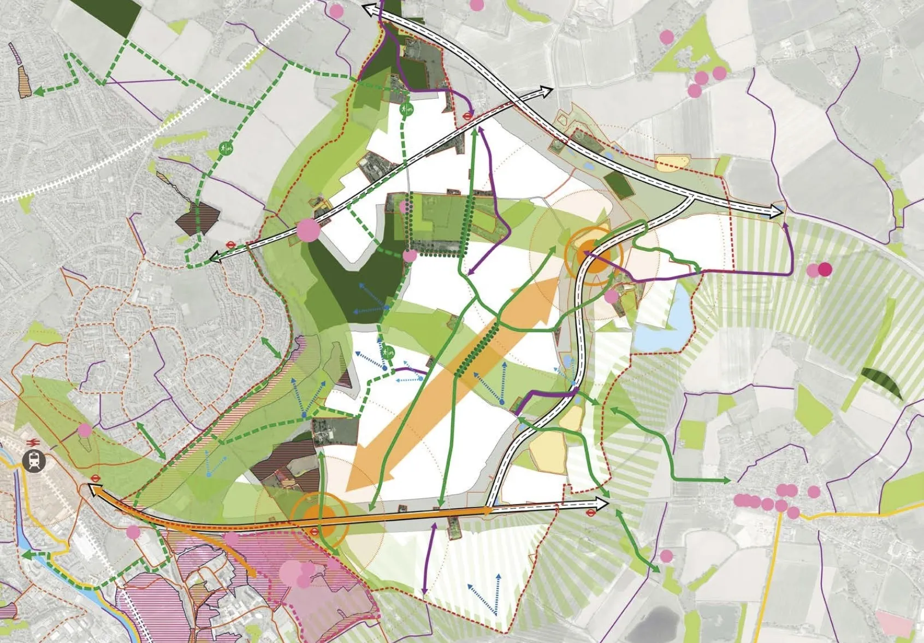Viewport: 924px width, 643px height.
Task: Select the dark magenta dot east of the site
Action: coord(825,269)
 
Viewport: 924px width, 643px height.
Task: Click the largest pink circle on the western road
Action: coord(308,229)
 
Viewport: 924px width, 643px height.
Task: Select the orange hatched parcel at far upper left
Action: coord(23,82)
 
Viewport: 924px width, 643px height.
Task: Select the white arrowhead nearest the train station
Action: coord(94,491)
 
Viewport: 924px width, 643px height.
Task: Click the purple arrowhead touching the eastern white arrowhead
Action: coord(786,224)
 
